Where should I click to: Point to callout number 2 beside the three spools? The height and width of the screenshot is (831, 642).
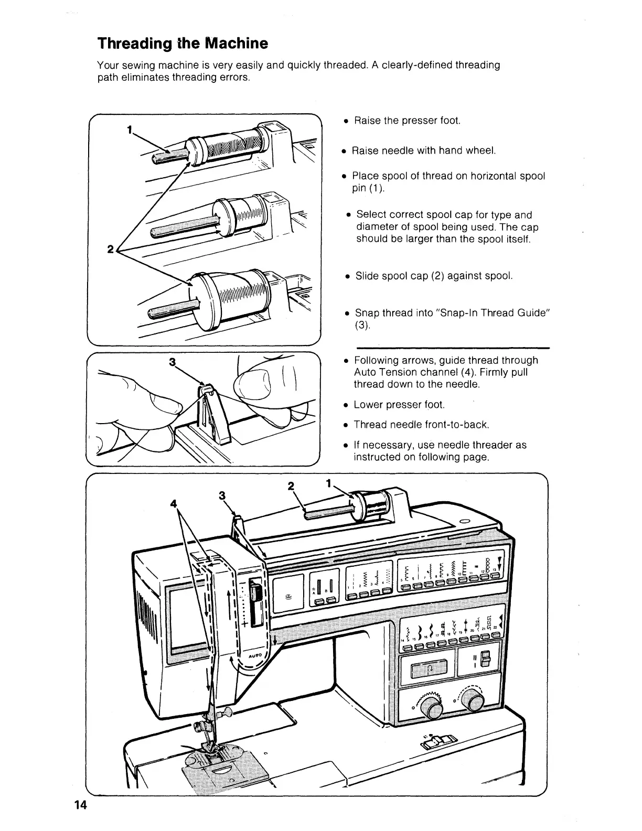point(110,250)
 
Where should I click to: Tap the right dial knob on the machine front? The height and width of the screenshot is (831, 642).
point(474,698)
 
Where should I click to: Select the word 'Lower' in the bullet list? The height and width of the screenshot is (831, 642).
point(368,405)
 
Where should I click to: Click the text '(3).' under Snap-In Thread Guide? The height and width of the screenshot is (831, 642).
point(362,325)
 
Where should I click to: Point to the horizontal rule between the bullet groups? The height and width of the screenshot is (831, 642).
point(453,348)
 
